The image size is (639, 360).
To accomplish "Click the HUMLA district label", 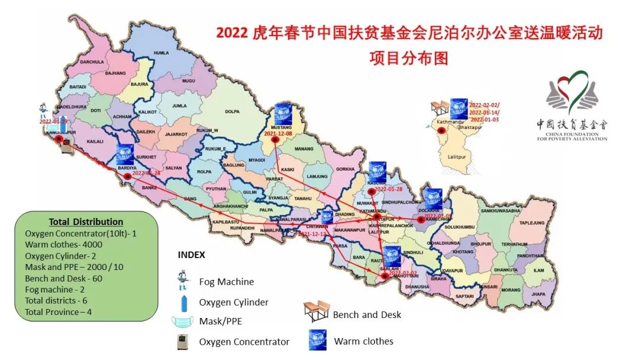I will click(x=161, y=53).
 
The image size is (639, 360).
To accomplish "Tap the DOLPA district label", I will click(x=232, y=111).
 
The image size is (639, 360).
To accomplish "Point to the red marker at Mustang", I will click(x=275, y=140).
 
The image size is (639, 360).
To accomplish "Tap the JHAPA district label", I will click(x=538, y=293).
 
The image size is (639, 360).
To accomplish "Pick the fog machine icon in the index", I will click(x=185, y=280).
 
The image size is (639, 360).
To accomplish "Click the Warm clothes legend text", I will click(x=363, y=341).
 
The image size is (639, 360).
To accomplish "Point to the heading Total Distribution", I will click(x=86, y=221).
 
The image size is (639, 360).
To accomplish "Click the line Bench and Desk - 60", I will click(x=63, y=278).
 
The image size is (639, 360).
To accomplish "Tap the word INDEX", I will click(x=191, y=255).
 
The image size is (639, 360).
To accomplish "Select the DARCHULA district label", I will click(x=92, y=62).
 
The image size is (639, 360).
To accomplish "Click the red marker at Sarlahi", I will click(x=385, y=276).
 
